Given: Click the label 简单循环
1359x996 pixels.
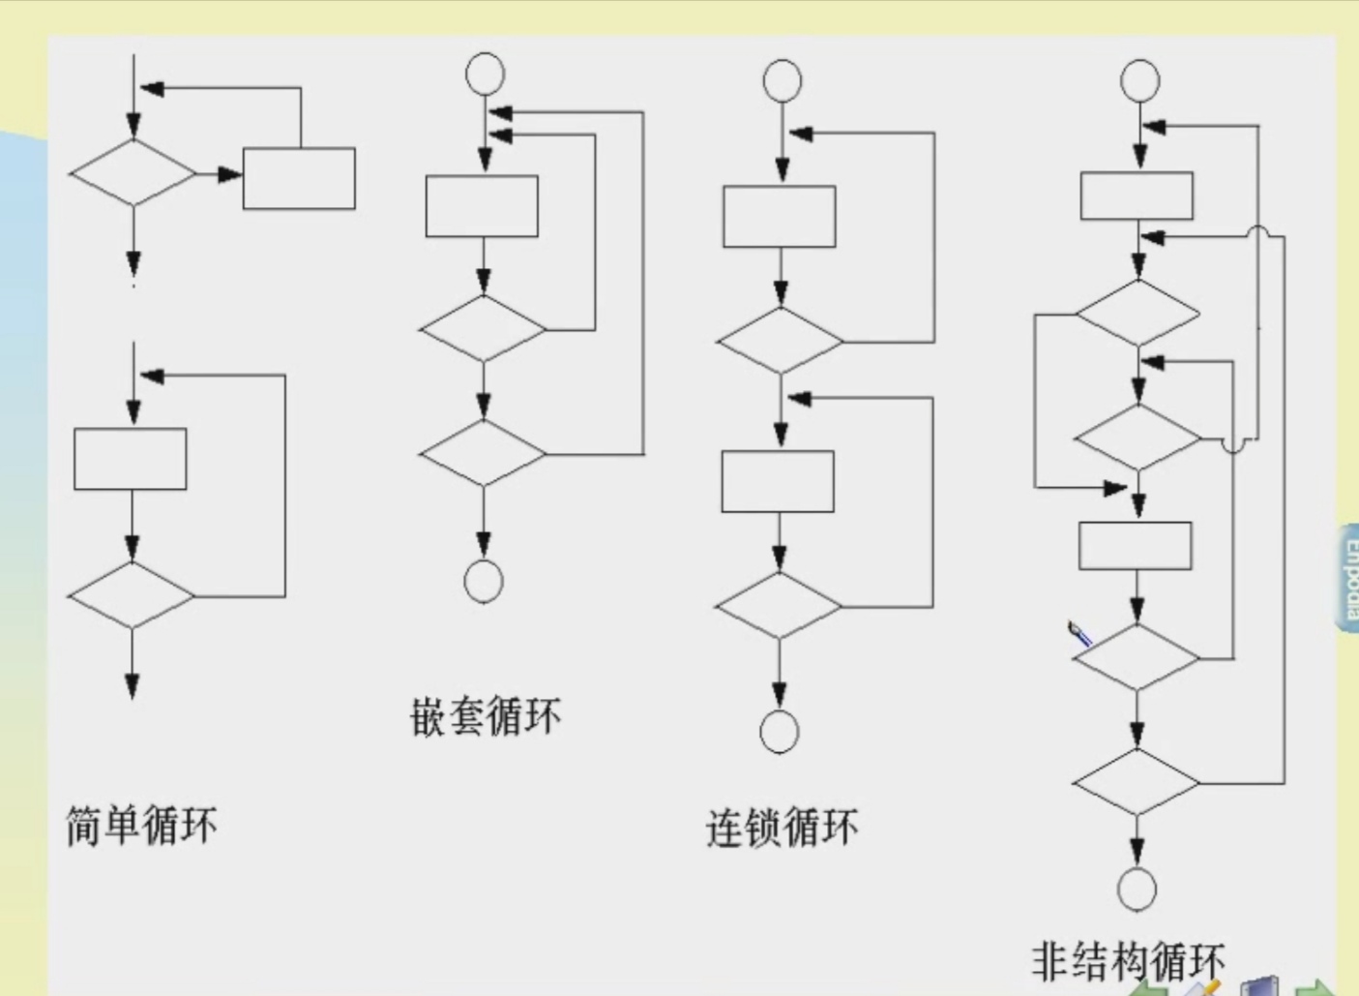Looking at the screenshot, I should (x=141, y=826).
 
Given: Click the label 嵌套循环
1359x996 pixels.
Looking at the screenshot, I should (x=485, y=717).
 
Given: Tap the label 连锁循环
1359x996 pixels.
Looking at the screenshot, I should (x=782, y=828).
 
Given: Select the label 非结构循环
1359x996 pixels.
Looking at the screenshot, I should (x=1128, y=960).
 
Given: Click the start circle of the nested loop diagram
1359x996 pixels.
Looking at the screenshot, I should (x=485, y=74).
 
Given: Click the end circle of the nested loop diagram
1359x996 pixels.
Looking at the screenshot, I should (x=484, y=582).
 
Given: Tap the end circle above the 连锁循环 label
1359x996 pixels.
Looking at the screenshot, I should (x=780, y=732).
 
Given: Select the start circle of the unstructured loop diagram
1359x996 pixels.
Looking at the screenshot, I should (x=1140, y=80).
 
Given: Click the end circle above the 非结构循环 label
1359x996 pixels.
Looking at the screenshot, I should (x=1137, y=889).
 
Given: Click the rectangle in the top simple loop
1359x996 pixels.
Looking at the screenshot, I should (x=299, y=178).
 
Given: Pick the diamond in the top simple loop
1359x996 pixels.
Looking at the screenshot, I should (x=133, y=173).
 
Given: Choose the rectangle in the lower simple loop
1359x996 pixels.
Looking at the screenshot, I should (x=131, y=459).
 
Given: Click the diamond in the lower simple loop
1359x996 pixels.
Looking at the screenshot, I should (x=131, y=595).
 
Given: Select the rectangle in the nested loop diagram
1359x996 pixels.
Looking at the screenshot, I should (x=482, y=206).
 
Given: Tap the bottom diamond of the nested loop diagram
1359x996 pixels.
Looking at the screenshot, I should (x=483, y=453).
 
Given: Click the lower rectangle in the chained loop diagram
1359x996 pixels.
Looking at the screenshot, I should (x=778, y=481).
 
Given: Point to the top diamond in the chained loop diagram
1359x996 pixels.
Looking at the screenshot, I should (x=780, y=341).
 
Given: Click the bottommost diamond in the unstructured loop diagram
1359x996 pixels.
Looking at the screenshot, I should (x=1137, y=781).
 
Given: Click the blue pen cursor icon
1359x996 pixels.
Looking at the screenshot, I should (x=1079, y=634).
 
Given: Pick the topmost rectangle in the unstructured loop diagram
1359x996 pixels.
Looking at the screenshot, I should (x=1137, y=196).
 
